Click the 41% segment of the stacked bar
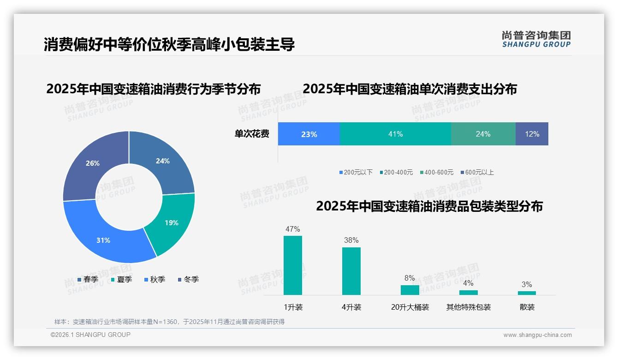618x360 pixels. click(x=395, y=134)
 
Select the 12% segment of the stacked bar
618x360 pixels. click(x=532, y=134)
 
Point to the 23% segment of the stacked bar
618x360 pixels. click(x=309, y=134)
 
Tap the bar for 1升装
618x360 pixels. click(x=292, y=265)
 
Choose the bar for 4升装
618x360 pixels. click(x=351, y=271)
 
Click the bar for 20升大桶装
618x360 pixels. click(x=410, y=290)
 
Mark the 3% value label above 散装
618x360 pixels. click(x=526, y=284)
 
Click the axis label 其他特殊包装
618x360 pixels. click(x=468, y=307)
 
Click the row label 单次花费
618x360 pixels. click(x=252, y=134)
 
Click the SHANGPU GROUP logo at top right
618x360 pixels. click(x=536, y=39)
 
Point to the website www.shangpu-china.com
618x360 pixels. click(x=537, y=335)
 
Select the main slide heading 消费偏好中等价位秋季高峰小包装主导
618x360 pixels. click(x=169, y=45)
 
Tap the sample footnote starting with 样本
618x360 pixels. click(x=169, y=322)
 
